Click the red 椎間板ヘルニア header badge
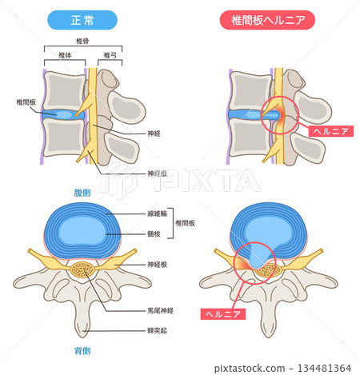point(269,19)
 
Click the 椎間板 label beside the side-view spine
point(25,102)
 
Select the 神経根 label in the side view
point(158,173)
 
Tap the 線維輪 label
point(158,213)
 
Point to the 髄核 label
point(154,235)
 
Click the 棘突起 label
point(158,327)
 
